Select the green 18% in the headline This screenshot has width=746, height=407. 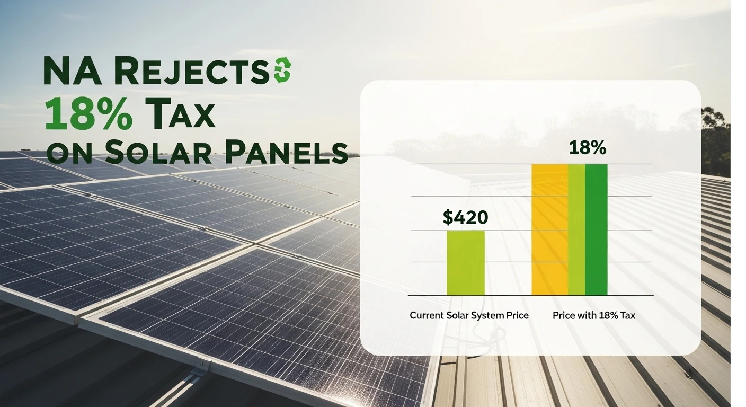click(x=88, y=114)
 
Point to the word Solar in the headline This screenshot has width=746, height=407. click(x=158, y=153)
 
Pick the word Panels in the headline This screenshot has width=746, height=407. click(x=287, y=153)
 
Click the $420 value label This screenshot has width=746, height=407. click(x=465, y=217)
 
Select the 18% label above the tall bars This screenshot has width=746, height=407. click(x=588, y=148)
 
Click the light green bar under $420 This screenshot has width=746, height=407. click(x=466, y=263)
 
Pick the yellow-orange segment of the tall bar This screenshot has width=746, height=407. click(x=549, y=229)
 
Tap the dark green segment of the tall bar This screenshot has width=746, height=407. click(x=596, y=229)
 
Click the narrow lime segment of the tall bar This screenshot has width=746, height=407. click(x=576, y=229)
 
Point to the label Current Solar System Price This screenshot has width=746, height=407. click(x=469, y=315)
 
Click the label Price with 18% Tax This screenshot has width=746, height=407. click(x=594, y=315)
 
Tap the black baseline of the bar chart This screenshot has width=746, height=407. click(x=530, y=295)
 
